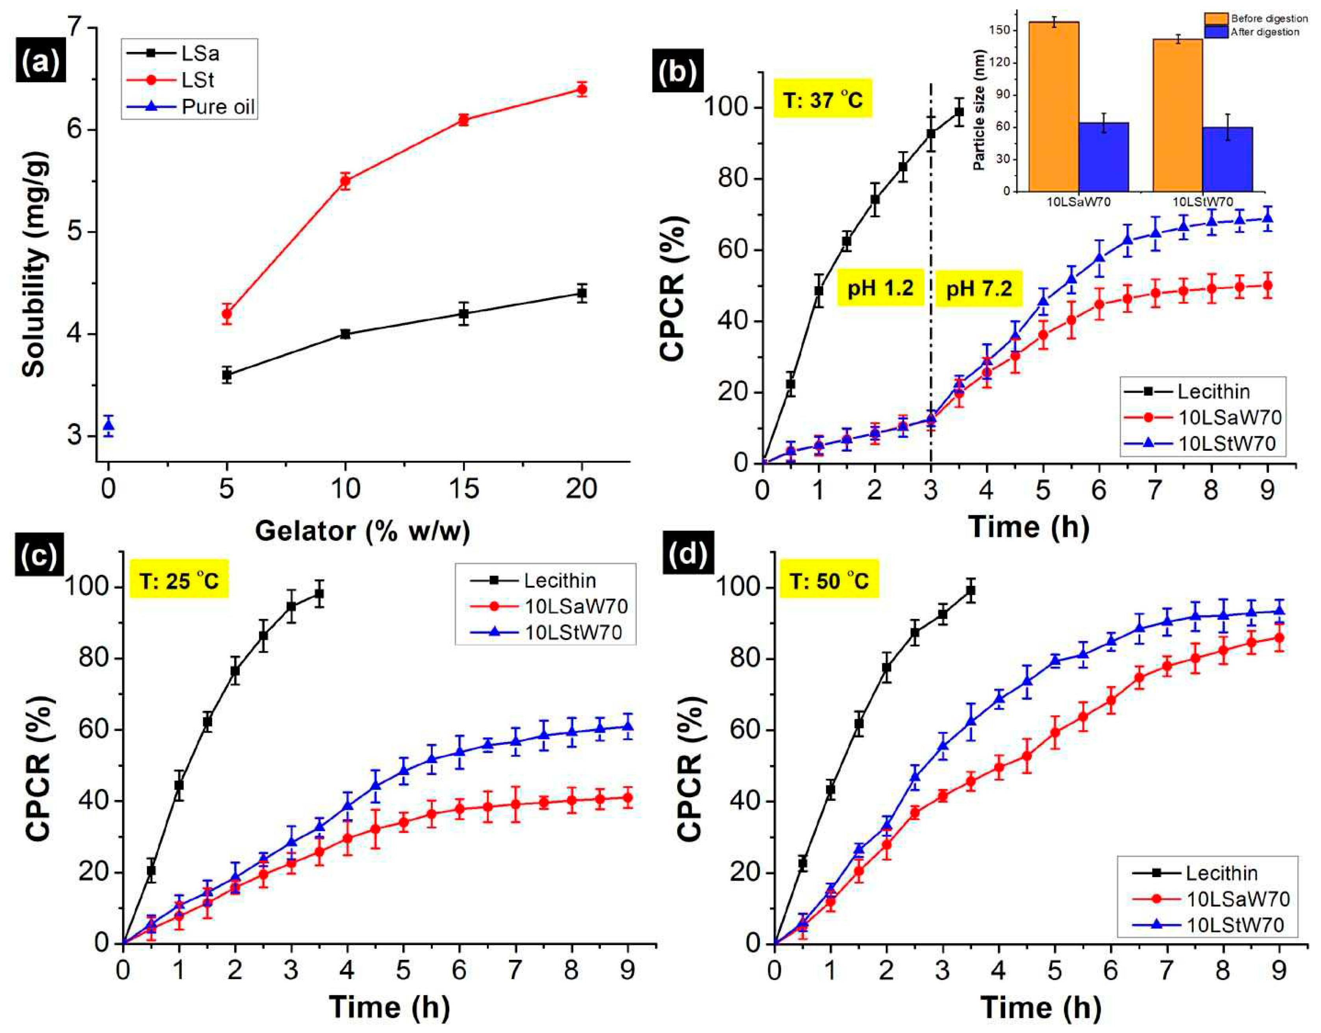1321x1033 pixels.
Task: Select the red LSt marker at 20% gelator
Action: pyautogui.click(x=582, y=89)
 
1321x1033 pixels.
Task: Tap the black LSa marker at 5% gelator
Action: pyautogui.click(x=227, y=375)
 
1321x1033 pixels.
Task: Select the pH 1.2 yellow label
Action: pyautogui.click(x=880, y=288)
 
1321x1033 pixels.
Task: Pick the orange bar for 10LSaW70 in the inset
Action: pyautogui.click(x=1054, y=106)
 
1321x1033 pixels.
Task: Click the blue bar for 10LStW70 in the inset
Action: pyautogui.click(x=1228, y=159)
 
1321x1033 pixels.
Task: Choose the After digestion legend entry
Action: pyautogui.click(x=1264, y=32)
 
